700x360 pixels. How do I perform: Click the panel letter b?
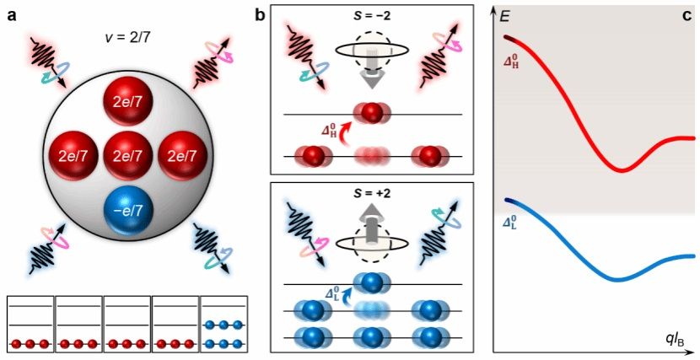(x=260, y=16)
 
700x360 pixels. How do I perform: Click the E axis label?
(x=505, y=18)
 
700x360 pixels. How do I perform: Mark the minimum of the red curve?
(x=622, y=170)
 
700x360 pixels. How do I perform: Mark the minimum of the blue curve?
(x=619, y=280)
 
